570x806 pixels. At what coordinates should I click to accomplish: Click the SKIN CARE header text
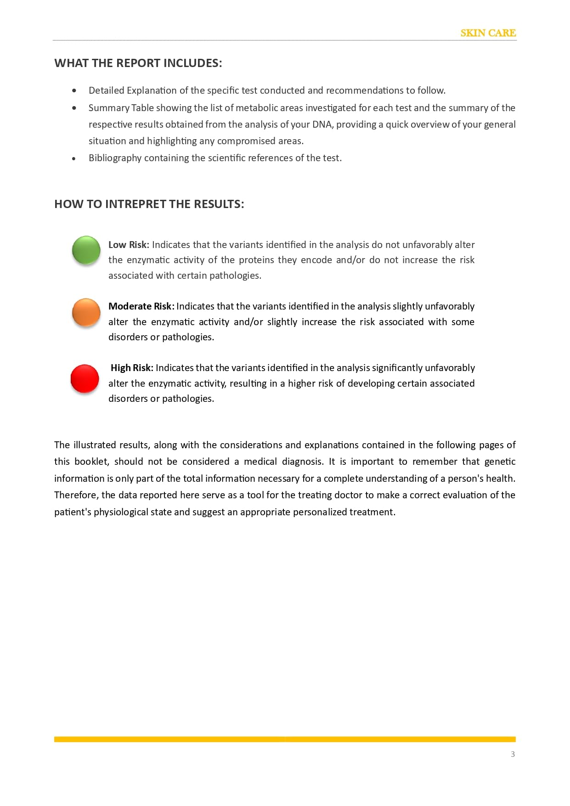point(488,33)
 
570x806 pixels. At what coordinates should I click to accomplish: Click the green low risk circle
point(86,250)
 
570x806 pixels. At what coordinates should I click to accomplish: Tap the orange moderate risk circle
point(86,312)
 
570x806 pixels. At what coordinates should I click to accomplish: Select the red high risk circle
point(85,378)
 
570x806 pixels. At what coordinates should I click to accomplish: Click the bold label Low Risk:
point(129,245)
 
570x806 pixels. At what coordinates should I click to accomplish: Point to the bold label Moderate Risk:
point(141,306)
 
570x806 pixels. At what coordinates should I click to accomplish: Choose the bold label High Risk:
point(132,368)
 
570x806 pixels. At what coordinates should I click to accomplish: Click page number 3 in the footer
point(513,754)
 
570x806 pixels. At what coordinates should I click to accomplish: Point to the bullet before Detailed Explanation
point(74,91)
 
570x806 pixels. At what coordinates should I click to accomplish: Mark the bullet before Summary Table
point(74,108)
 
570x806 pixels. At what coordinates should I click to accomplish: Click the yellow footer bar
point(285,739)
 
